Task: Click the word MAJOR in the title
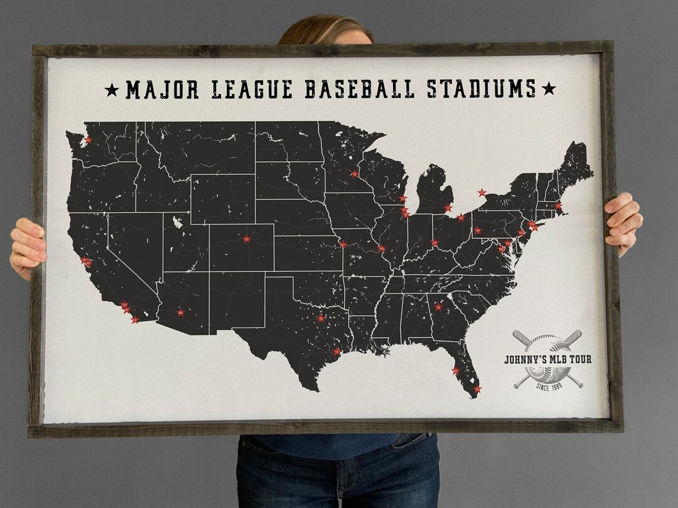pos(162,90)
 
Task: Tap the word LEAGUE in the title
pos(252,90)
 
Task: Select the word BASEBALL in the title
pos(359,90)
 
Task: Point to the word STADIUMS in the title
pos(482,90)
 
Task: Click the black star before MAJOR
pos(112,90)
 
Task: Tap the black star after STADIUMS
pos(548,89)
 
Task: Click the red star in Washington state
pos(87,140)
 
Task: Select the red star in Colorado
pos(246,239)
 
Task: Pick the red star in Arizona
pos(181,312)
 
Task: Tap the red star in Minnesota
pos(355,174)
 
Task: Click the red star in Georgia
pos(438,307)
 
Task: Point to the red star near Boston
pos(558,206)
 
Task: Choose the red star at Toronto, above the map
pos(482,193)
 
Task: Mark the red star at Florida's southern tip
pos(477,389)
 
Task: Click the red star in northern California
pos(86,262)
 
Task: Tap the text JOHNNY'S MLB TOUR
pos(547,359)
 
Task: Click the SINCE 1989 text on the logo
pos(548,386)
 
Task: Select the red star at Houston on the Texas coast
pos(336,351)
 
